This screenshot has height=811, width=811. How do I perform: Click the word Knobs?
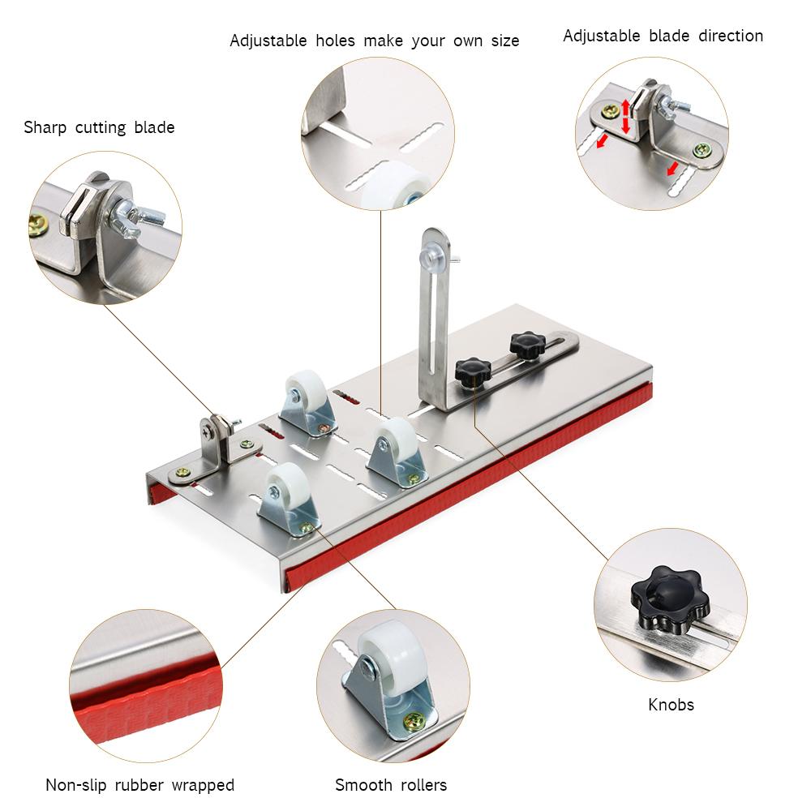pos(671,705)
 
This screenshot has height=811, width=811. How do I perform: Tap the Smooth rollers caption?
pos(391,784)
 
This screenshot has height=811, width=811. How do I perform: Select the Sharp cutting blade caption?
pos(99,127)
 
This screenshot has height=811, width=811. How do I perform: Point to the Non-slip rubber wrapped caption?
pos(139,784)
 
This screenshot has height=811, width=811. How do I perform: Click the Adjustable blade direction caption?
pos(663,36)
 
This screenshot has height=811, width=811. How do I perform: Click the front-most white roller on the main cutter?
pos(281,482)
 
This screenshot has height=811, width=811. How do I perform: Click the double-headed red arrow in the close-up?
pos(625,117)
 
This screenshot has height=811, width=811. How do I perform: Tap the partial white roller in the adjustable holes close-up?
pos(389,185)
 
